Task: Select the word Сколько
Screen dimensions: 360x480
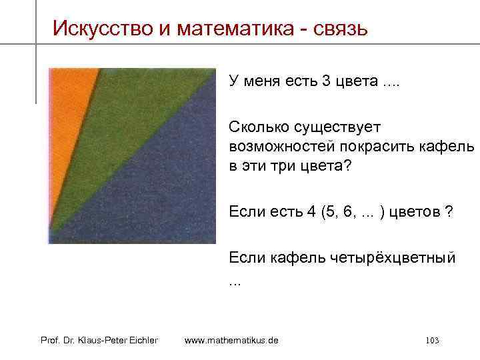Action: click(x=257, y=126)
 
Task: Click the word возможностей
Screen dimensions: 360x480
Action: click(x=280, y=146)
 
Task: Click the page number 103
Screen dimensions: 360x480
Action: click(x=431, y=341)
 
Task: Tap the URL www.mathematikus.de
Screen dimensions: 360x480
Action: click(x=231, y=341)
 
